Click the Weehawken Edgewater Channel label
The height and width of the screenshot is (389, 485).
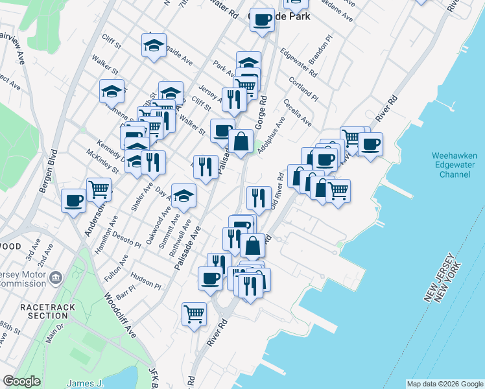455,165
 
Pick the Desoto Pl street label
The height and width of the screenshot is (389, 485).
128,240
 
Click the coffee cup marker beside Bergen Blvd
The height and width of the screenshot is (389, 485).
74,199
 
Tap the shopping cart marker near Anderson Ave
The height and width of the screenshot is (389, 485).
99,189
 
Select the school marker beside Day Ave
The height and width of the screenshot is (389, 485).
183,195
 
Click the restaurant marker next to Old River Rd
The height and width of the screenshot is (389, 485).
259,198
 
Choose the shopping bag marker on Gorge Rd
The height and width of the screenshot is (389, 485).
241,141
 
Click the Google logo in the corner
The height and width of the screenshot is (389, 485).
21,381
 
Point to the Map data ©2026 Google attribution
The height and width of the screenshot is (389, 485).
444,384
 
